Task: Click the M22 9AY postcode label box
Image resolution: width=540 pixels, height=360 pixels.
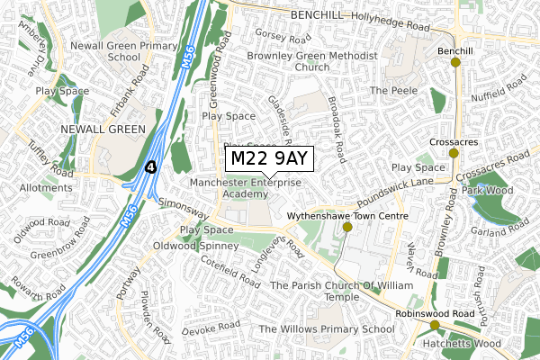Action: pyautogui.click(x=269, y=159)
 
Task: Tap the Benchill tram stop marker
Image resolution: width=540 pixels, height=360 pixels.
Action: pyautogui.click(x=455, y=62)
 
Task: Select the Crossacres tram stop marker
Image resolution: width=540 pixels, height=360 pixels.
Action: pyautogui.click(x=453, y=154)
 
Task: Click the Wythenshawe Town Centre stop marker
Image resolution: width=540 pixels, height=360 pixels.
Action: pyautogui.click(x=347, y=228)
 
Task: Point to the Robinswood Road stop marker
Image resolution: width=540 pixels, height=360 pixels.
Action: pyautogui.click(x=435, y=325)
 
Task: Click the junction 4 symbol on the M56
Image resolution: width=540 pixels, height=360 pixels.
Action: pyautogui.click(x=152, y=166)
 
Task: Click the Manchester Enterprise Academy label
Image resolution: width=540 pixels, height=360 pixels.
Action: pyautogui.click(x=247, y=188)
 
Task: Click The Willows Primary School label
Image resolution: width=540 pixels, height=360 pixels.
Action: pyautogui.click(x=326, y=329)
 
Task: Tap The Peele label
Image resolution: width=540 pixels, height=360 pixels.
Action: pyautogui.click(x=390, y=91)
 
